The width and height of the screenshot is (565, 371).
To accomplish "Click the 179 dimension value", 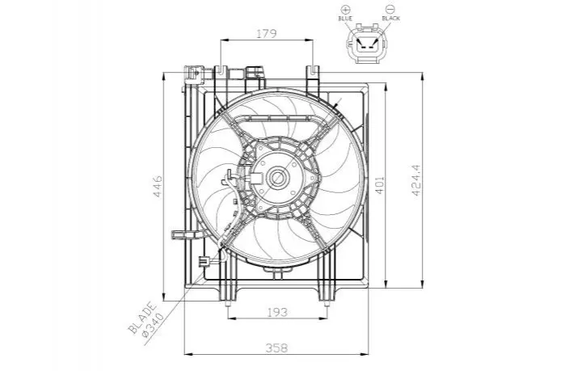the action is click(267, 33).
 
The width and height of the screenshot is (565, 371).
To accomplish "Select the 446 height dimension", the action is click(158, 186).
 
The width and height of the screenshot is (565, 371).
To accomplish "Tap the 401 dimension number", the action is click(380, 185).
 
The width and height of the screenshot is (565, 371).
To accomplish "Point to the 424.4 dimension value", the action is click(415, 180).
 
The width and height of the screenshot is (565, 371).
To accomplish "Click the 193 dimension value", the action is click(277, 312).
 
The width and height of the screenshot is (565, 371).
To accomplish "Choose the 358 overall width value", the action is click(277, 348).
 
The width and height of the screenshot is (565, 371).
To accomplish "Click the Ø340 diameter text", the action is click(153, 325).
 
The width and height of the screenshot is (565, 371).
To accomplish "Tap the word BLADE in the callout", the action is click(143, 318).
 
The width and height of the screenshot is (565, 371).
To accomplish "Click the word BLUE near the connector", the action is click(345, 18).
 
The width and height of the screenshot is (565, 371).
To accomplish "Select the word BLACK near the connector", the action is click(391, 18).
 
